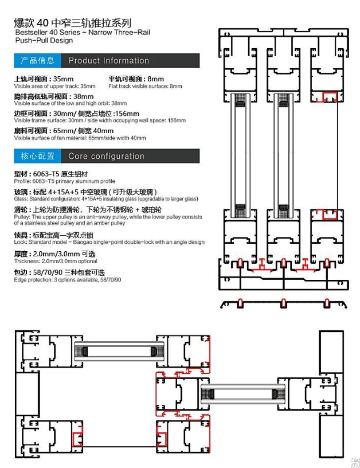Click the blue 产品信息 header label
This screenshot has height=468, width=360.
(38, 61)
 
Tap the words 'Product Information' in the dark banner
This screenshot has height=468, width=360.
(108, 61)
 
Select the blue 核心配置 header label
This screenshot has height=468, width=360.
(38, 156)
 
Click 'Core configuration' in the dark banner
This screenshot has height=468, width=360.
(106, 156)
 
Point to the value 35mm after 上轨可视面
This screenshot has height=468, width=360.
(63, 79)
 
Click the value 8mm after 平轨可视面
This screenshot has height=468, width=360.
(156, 79)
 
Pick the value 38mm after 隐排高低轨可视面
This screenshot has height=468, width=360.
(84, 96)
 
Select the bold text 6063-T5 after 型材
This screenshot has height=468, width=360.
(46, 174)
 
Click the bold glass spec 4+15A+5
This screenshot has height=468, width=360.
(63, 192)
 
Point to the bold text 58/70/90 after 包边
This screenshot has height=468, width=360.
(48, 272)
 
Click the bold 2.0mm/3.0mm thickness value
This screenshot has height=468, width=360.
(56, 254)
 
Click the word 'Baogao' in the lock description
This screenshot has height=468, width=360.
(81, 242)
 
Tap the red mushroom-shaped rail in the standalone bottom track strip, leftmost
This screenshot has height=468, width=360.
(240, 303)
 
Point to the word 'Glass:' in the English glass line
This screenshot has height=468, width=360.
(21, 199)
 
